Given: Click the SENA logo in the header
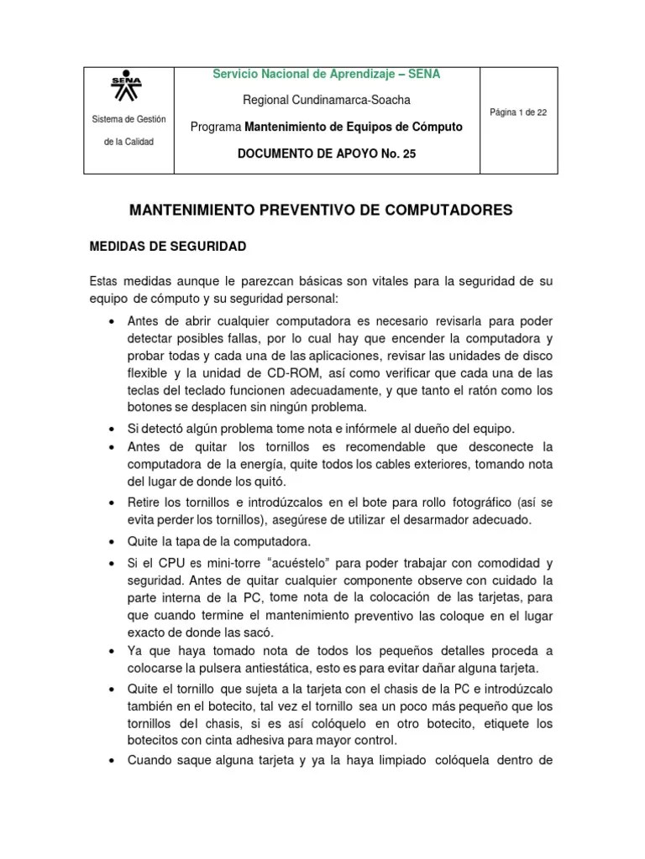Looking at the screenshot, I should (x=127, y=86).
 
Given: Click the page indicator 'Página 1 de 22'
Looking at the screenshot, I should (x=518, y=112).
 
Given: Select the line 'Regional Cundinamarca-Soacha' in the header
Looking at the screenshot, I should (x=327, y=100).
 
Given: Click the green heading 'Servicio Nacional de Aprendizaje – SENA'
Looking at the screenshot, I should (x=327, y=74).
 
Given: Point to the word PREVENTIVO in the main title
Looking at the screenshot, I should (x=319, y=211).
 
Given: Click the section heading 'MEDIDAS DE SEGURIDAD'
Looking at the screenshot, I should (x=167, y=247).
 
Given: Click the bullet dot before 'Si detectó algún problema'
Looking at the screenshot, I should (x=112, y=429).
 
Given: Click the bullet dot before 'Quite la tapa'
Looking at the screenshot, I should (x=112, y=541).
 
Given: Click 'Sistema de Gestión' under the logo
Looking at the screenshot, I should (x=128, y=119).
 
